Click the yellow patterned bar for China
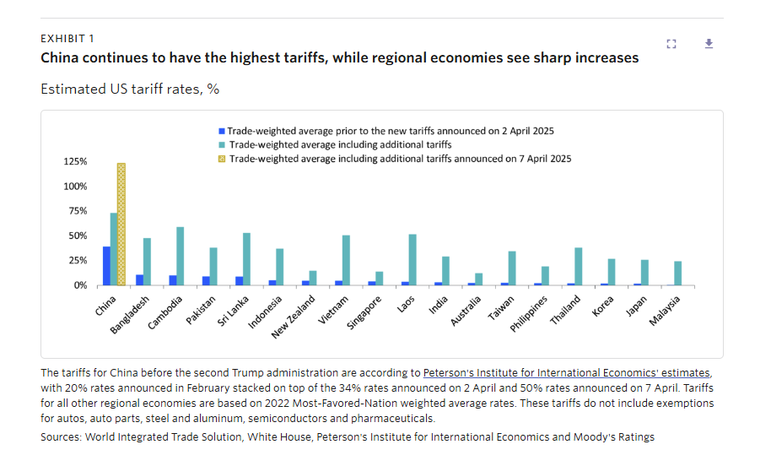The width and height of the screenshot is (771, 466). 121,224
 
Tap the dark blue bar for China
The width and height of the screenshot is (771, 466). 106,266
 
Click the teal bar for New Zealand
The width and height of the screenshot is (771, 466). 313,278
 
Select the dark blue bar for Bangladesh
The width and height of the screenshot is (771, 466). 139,279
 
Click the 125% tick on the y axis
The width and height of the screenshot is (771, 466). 75,161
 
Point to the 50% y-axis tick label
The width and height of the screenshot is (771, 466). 78,236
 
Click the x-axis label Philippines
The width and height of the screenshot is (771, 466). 529,314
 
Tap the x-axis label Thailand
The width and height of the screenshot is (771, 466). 564,312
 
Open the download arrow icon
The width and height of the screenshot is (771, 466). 709,44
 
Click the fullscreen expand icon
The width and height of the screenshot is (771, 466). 671,44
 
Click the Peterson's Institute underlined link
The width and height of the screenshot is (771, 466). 567,372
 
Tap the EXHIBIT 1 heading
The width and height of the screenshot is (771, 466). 67,39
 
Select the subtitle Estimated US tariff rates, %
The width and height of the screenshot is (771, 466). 130,89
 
